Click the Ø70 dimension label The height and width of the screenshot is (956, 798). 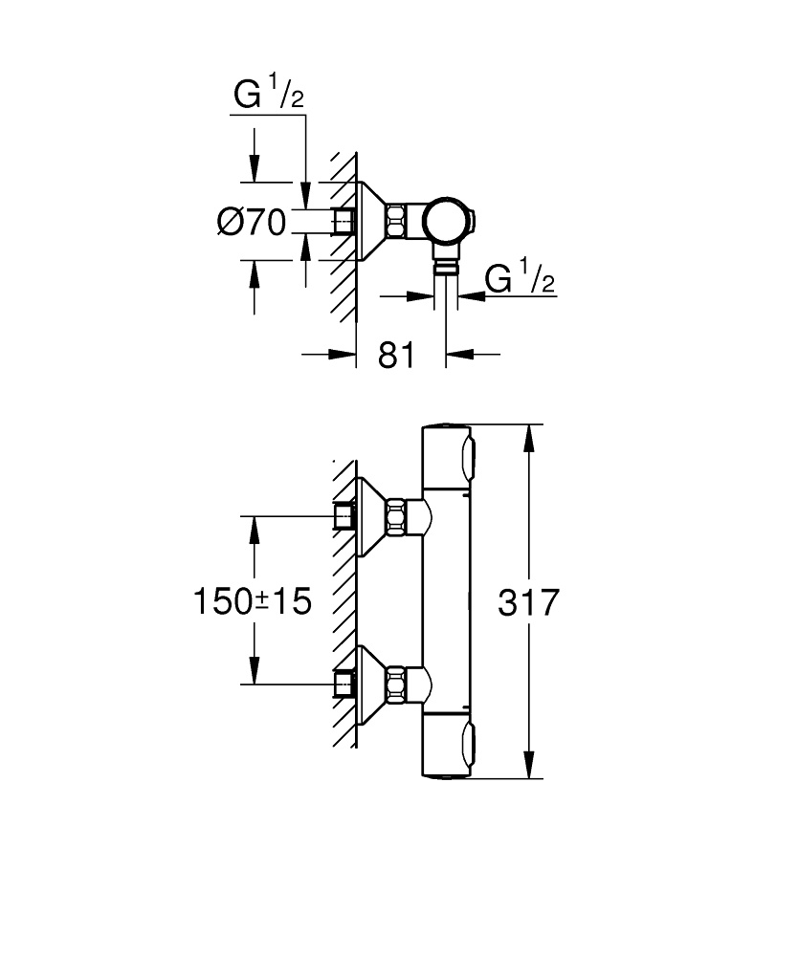point(252,223)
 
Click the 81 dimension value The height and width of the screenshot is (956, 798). point(396,355)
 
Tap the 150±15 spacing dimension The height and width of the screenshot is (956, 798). point(253,602)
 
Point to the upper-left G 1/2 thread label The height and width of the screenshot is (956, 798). point(269,97)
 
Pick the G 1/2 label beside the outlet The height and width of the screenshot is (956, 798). point(521,279)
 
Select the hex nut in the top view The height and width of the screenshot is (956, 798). point(396,221)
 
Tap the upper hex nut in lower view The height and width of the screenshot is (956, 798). point(396,517)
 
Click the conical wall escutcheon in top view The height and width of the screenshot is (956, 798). point(370,221)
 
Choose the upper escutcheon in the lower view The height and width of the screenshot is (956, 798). point(370,517)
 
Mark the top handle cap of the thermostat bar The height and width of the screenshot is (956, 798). point(447,455)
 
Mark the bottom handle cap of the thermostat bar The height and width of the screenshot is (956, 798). point(447,749)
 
